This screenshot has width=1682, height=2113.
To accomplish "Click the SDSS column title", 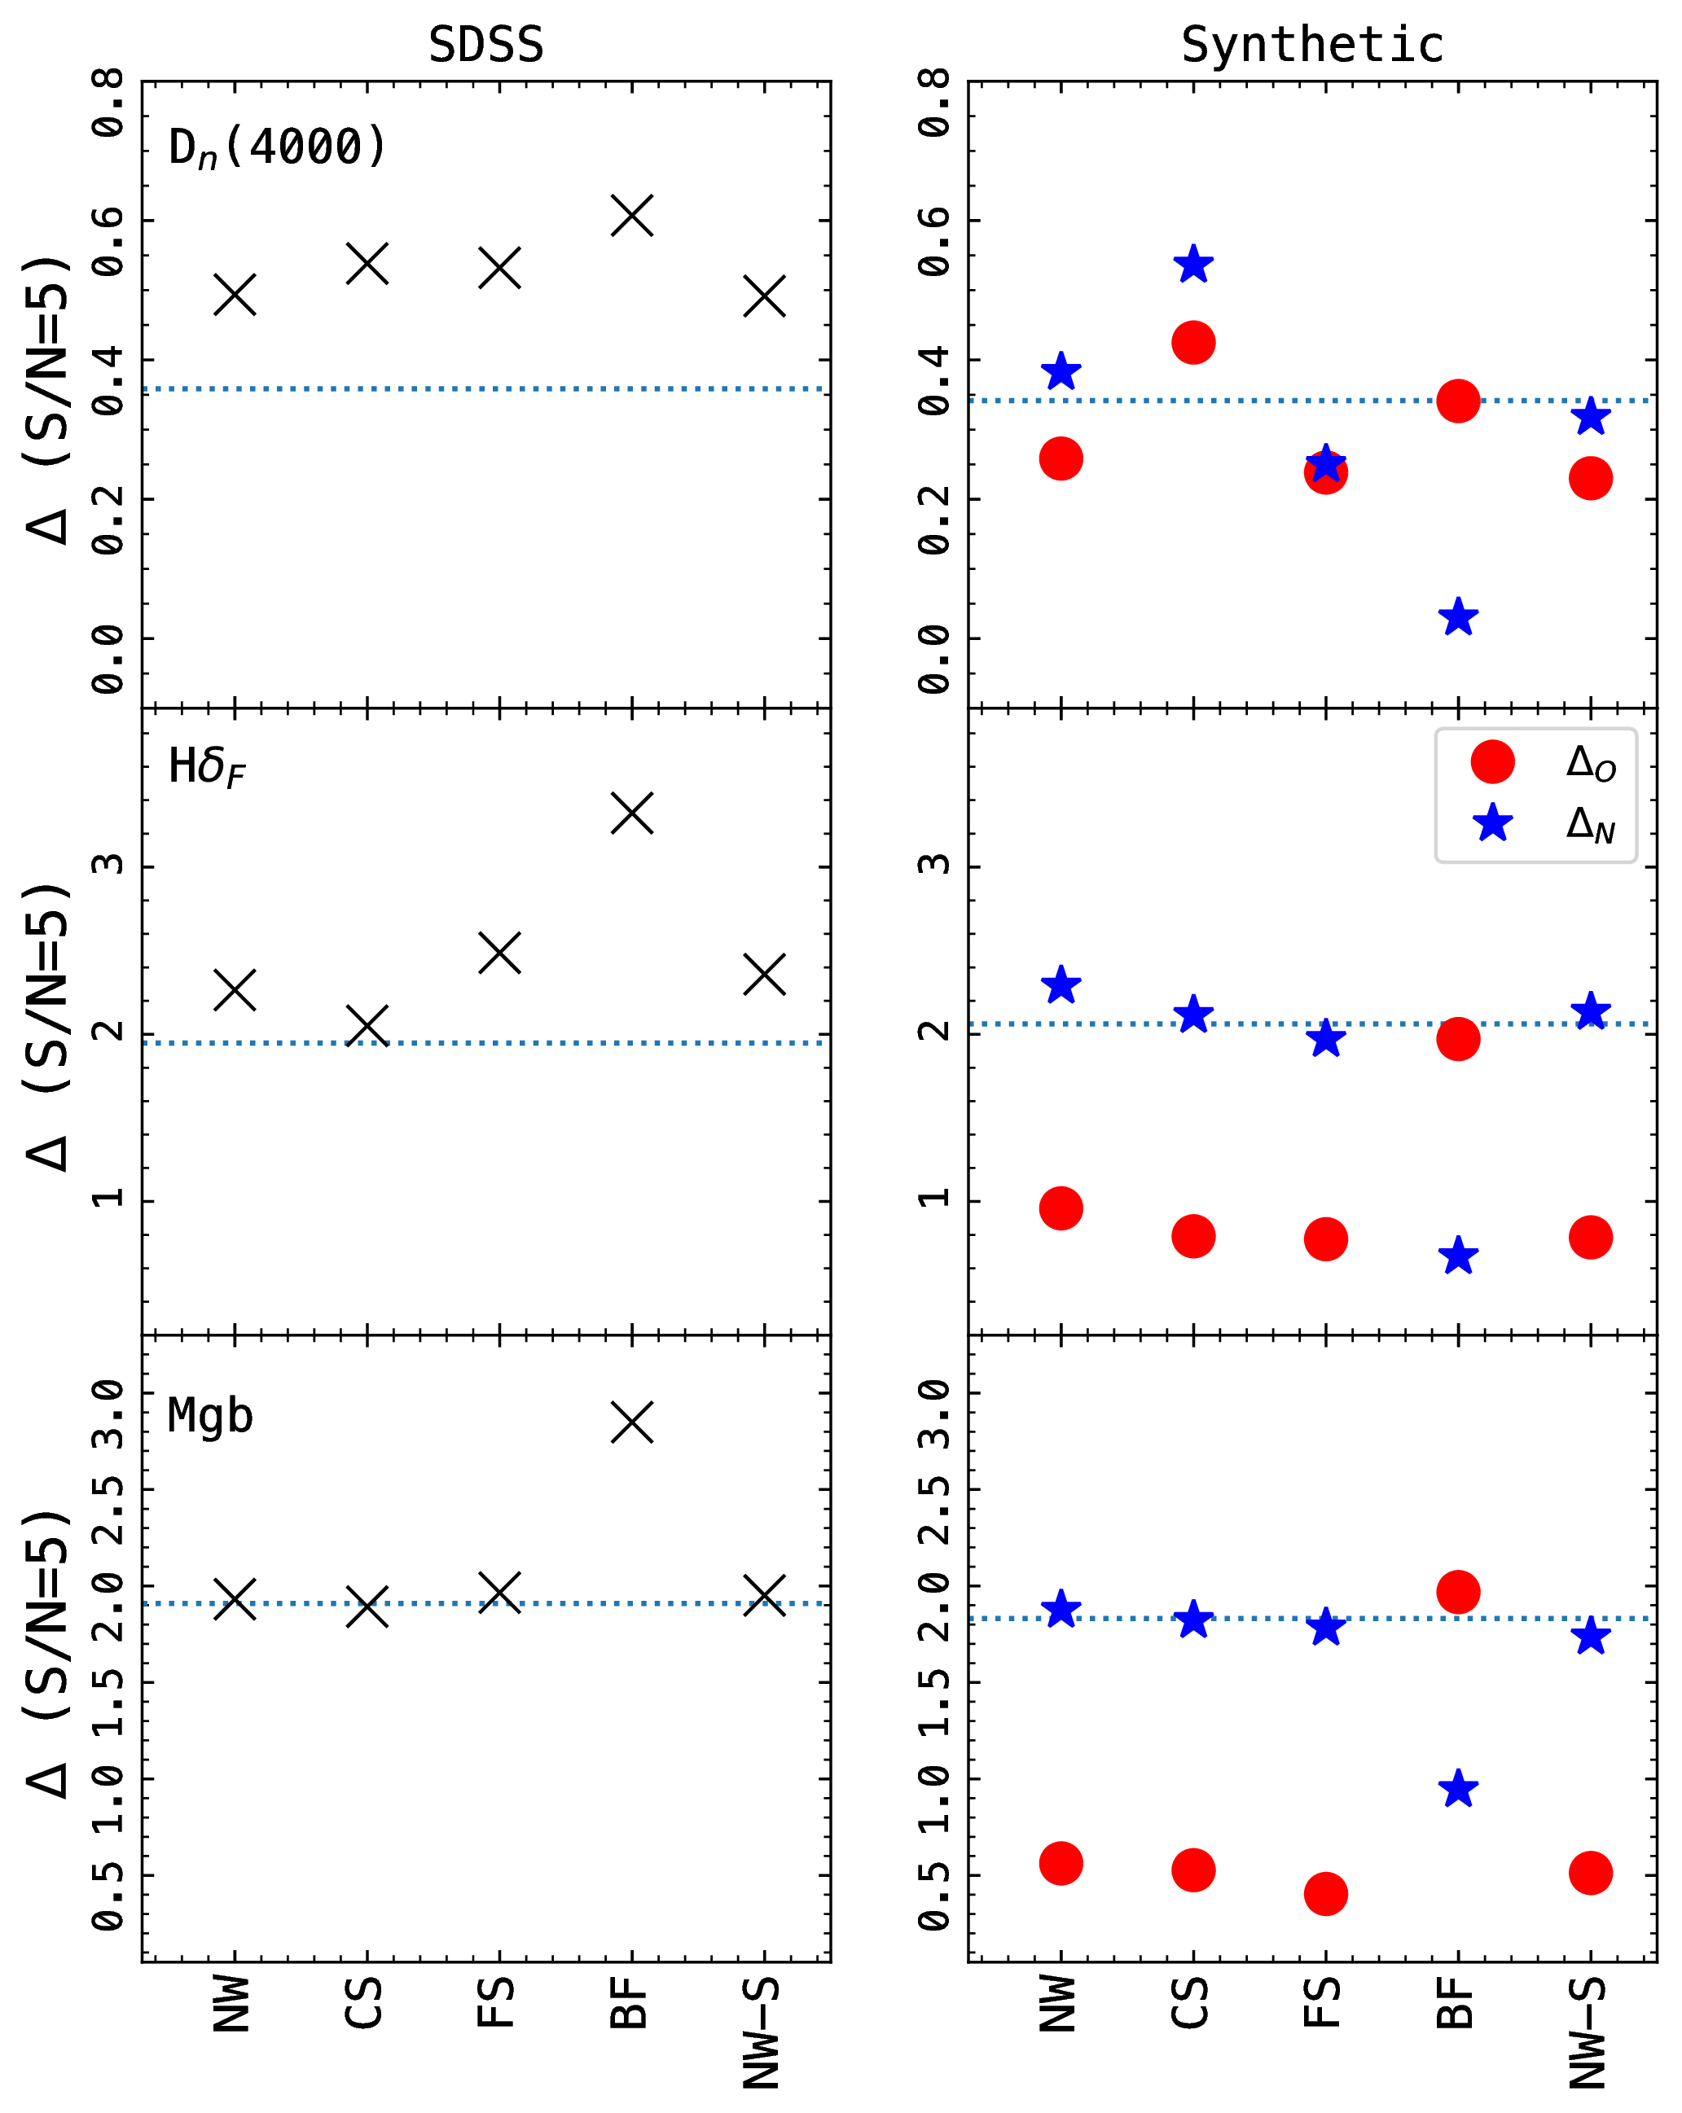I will coord(486,45).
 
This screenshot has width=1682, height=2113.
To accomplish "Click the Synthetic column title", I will coord(1311,45).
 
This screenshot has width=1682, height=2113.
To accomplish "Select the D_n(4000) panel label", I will coord(278,148).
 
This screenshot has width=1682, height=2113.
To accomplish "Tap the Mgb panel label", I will coord(210,1415).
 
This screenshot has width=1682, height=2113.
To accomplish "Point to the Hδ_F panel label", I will coord(207,767).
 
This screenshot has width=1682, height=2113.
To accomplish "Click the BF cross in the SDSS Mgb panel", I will coord(632,1422).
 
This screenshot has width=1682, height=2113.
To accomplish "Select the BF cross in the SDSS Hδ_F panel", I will coord(632,813).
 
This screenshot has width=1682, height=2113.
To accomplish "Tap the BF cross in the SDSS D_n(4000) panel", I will coord(632,216).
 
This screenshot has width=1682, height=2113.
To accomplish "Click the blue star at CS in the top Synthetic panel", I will coord(1193,265).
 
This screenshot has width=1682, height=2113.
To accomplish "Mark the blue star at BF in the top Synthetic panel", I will coord(1457,617).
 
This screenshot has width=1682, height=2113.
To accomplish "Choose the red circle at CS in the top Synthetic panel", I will coord(1193,343).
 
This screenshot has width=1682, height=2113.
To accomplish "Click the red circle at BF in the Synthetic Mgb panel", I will coord(1457,1592).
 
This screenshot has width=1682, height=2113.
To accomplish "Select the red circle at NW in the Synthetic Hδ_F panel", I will coord(1061,1208).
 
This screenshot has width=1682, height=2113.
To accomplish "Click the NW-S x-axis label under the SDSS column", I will coord(762,2032).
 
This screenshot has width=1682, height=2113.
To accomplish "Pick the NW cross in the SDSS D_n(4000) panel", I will coord(235,294).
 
